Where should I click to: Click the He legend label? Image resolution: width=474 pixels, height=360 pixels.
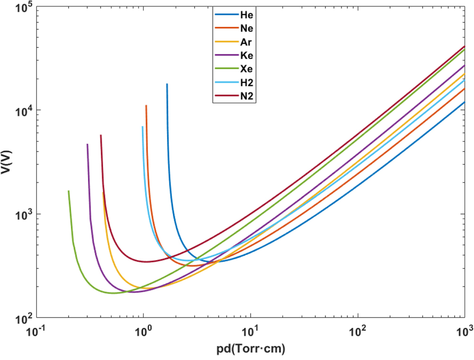(x=247, y=15)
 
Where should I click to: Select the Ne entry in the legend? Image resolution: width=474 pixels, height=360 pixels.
(x=247, y=28)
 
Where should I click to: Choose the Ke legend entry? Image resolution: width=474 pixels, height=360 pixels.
(x=247, y=56)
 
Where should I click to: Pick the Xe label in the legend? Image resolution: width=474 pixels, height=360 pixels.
(x=247, y=70)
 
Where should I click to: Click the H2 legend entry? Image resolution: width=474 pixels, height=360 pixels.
(x=247, y=83)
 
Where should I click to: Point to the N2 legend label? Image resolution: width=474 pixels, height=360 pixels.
(x=247, y=97)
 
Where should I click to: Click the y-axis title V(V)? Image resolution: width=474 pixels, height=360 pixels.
(x=7, y=161)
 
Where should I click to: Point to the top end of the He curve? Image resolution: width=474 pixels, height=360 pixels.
(x=167, y=84)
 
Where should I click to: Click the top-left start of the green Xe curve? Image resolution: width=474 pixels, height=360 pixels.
(x=69, y=191)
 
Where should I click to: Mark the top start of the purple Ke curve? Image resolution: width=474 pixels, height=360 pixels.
(x=87, y=144)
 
